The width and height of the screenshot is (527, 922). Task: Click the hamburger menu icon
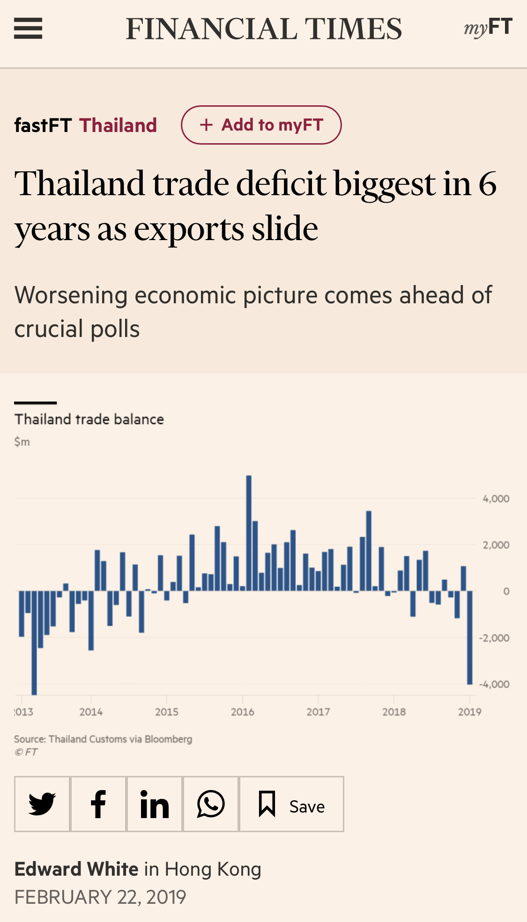tap(28, 29)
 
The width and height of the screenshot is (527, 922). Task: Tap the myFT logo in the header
tap(488, 28)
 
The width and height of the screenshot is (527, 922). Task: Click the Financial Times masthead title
tap(264, 29)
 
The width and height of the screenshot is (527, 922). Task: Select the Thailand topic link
tap(118, 125)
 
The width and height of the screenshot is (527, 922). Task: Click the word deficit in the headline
tap(281, 183)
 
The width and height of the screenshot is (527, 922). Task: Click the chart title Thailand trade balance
tap(89, 419)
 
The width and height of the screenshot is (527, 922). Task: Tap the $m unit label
tap(22, 442)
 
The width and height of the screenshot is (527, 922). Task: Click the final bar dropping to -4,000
tap(470, 637)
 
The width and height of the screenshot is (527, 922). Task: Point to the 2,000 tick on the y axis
tap(496, 545)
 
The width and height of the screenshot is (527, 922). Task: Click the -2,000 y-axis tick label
tap(494, 638)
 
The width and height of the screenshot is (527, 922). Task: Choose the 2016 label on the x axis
tap(242, 712)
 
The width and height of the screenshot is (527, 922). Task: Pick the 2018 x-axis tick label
tap(394, 712)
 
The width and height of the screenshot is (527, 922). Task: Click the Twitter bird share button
tap(42, 804)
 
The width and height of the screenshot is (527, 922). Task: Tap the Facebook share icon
tap(98, 804)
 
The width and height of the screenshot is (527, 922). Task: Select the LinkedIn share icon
tap(155, 804)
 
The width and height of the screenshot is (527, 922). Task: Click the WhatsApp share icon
tap(211, 804)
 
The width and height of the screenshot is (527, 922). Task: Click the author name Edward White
tap(76, 869)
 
